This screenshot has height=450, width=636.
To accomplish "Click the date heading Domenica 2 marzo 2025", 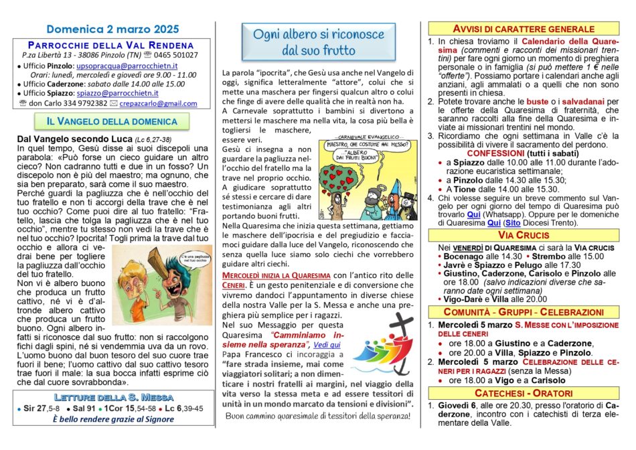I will tap(112, 29).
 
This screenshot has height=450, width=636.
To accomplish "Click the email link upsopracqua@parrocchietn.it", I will tap(127, 66).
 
